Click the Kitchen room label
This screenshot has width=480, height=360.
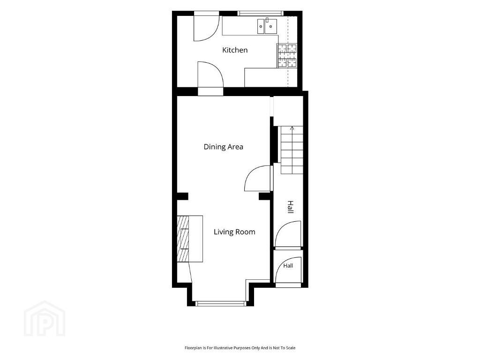coord(235,50)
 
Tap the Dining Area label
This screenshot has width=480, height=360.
coord(224,147)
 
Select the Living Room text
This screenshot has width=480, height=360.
coord(234,232)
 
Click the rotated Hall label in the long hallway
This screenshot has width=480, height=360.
coord(290,207)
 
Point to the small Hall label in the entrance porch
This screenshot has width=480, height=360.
coord(288,266)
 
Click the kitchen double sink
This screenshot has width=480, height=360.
coord(267,26)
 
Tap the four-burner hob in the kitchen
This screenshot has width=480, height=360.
coord(287,55)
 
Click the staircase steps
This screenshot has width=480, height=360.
coord(292,150)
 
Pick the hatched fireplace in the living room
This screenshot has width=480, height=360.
coord(183,239)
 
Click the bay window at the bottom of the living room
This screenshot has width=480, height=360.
coord(221,304)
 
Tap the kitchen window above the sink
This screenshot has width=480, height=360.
coord(261,13)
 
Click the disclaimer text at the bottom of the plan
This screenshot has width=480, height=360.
coord(240,348)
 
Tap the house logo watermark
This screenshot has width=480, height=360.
coord(45,318)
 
